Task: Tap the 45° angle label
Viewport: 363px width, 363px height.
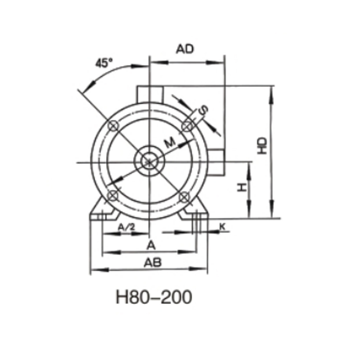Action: coord(103,63)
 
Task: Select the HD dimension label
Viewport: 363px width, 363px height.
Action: coord(262,145)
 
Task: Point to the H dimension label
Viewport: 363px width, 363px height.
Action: coord(242,187)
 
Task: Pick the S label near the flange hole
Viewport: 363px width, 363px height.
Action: coord(204,109)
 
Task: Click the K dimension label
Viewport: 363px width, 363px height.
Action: coord(222,226)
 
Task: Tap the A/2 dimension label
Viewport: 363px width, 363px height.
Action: coord(126,227)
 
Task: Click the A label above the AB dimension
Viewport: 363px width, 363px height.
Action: coord(152,245)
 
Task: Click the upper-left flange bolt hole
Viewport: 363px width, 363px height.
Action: coord(113,126)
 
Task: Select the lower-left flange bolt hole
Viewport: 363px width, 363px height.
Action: coord(113,196)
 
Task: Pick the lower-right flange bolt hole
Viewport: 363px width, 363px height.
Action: coord(184,196)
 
